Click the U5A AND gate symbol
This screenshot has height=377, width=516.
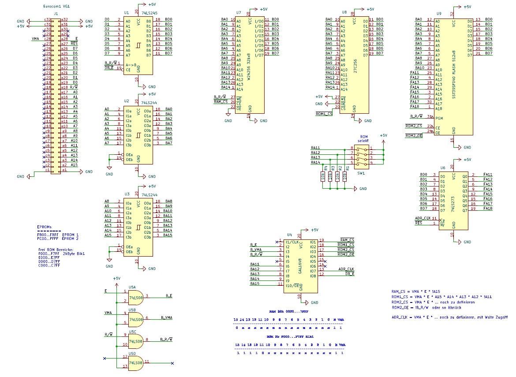136,297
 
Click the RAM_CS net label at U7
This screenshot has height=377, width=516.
221,101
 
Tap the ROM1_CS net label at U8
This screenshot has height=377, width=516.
324,114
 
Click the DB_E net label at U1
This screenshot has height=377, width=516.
109,68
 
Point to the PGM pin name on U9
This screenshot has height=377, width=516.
439,118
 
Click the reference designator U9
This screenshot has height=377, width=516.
439,14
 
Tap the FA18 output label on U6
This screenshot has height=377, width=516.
488,209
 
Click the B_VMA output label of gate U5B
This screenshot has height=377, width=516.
166,317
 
